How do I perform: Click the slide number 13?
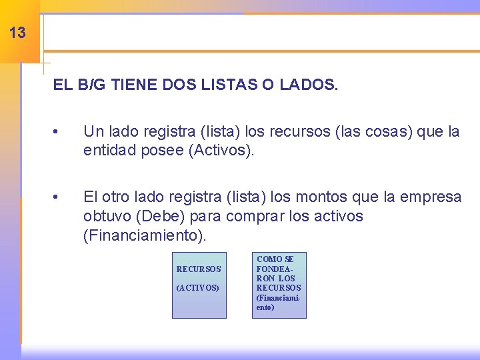[18, 32]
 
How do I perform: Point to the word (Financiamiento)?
[146, 235]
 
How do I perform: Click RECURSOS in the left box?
[199, 269]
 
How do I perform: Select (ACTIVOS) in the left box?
[197, 288]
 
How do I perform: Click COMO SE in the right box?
[275, 259]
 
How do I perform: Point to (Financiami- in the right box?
[279, 298]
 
